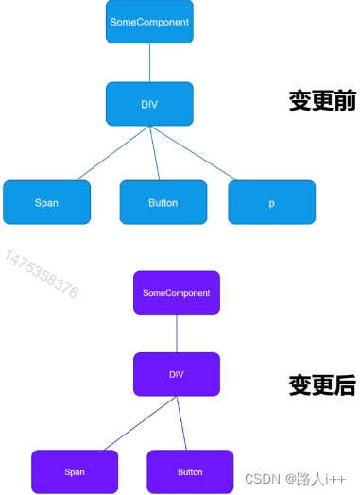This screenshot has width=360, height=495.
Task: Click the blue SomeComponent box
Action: [x=149, y=22]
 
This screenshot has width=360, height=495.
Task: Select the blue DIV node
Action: [x=149, y=103]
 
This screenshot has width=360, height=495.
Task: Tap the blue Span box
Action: [x=46, y=202]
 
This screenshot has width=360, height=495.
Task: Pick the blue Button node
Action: [x=163, y=202]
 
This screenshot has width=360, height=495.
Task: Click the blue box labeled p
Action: [x=271, y=202]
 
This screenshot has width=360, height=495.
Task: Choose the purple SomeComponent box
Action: [x=177, y=293]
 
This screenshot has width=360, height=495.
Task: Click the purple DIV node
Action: [x=177, y=374]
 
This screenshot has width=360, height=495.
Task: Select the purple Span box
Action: [x=75, y=471]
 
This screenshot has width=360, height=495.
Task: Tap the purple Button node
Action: [x=190, y=471]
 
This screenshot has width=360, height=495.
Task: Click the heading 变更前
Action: [x=322, y=101]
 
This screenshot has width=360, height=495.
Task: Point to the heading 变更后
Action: [x=322, y=385]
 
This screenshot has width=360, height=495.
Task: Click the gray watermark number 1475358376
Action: [x=42, y=275]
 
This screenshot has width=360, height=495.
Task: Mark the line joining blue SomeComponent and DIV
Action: [x=149, y=62]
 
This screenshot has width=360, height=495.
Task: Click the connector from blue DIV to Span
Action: [x=111, y=153]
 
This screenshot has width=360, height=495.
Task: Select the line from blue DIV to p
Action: [x=197, y=153]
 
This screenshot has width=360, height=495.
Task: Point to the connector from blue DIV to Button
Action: [x=155, y=153]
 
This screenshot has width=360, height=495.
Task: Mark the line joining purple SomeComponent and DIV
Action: [x=177, y=333]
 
